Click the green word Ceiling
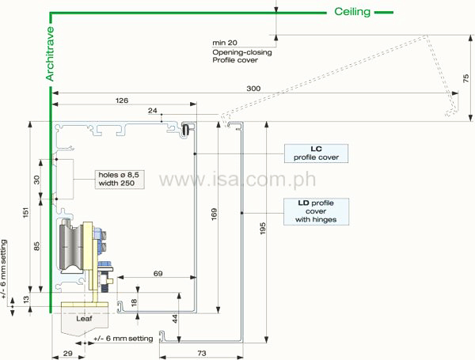tap(351, 11)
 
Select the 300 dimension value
tap(253, 88)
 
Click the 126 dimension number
tap(122, 100)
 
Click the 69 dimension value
tap(158, 273)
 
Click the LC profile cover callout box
tap(316, 152)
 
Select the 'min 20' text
tap(225, 42)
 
